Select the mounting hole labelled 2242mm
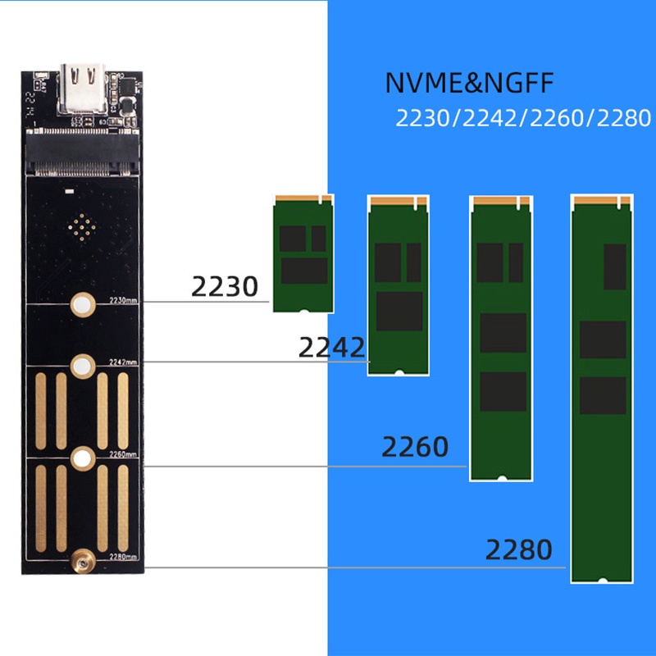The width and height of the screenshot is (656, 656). click(x=81, y=366)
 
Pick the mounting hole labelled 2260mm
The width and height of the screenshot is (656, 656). click(x=81, y=458)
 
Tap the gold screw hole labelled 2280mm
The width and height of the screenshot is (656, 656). click(x=81, y=561)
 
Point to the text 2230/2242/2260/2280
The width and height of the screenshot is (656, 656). click(x=523, y=119)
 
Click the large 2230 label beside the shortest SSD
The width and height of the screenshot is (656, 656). click(x=224, y=287)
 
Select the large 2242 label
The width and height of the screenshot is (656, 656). click(x=331, y=348)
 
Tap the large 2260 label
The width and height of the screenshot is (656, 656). click(x=415, y=447)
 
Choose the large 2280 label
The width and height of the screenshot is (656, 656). click(x=518, y=549)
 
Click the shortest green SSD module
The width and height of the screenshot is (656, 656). click(x=303, y=254)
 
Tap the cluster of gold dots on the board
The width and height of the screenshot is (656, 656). click(x=81, y=226)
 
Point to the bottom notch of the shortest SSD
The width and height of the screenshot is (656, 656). click(x=303, y=311)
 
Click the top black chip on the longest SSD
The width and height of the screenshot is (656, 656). click(x=614, y=266)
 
